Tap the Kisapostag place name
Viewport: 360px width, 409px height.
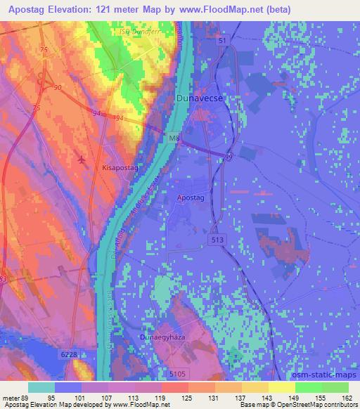[118, 169]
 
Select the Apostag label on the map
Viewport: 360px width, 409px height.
[190, 200]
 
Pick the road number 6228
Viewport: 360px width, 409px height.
[69, 356]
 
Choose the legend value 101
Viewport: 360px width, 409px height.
[95, 398]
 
